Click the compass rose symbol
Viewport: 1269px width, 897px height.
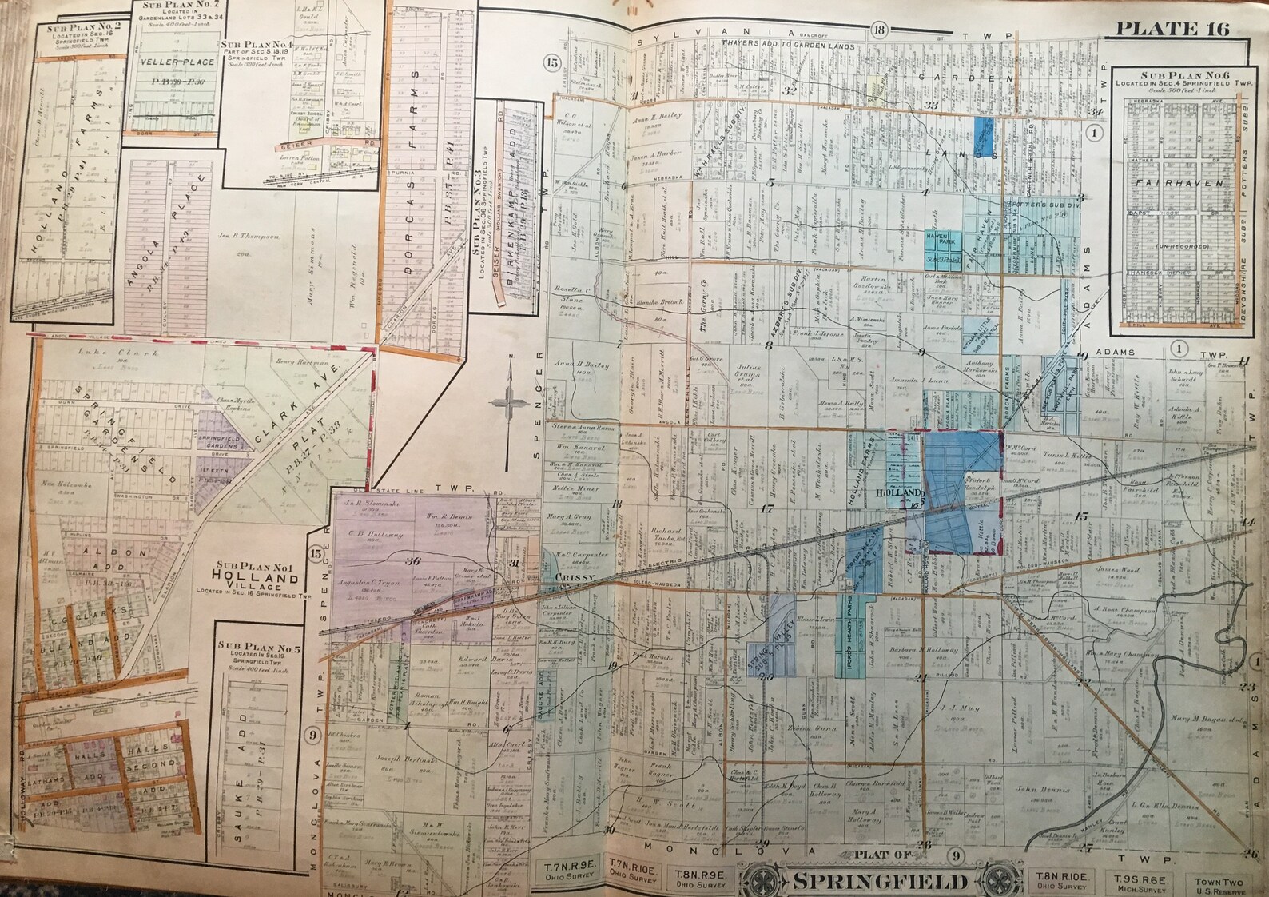click(508, 397)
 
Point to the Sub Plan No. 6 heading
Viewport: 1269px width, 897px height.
click(1174, 77)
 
